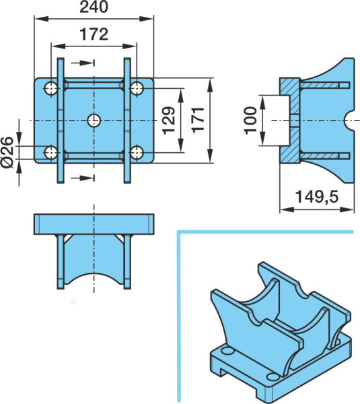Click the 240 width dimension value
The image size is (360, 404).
click(x=94, y=7)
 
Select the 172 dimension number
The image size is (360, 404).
click(x=94, y=34)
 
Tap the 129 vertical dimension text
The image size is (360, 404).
click(x=169, y=121)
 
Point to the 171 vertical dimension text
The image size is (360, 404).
click(x=199, y=120)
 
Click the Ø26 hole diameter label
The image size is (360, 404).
click(x=7, y=152)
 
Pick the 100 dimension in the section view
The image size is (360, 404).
click(x=250, y=121)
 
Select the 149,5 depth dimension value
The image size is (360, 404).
click(x=316, y=197)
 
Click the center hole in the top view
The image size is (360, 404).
click(x=94, y=121)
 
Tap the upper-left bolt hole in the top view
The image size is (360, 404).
click(x=51, y=88)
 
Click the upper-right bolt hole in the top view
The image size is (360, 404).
click(x=137, y=88)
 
